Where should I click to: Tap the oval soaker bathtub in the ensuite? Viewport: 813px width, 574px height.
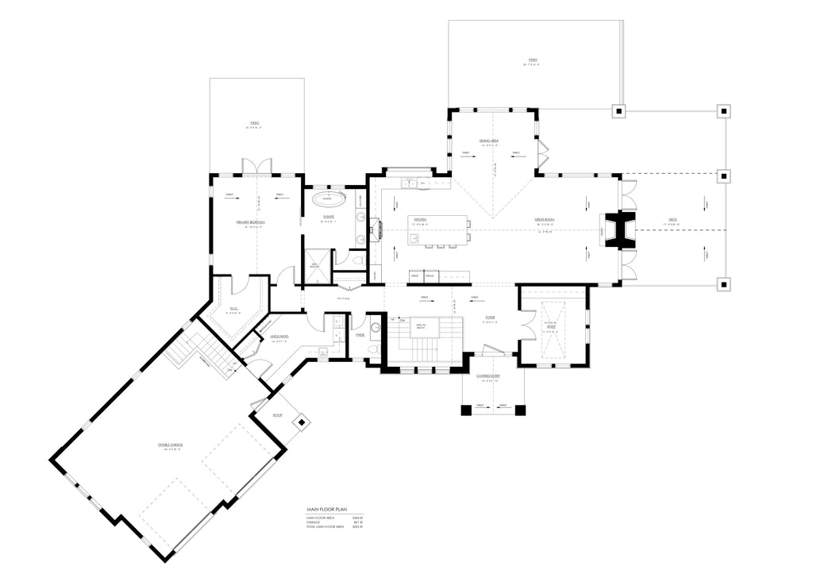[327, 198]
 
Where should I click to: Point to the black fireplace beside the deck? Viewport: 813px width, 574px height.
[617, 230]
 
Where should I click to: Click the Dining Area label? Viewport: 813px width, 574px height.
[488, 140]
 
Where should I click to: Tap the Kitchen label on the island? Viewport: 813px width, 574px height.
[420, 219]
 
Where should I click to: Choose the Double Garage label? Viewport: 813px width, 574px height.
[170, 445]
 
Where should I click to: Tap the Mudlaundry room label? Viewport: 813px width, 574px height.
[279, 337]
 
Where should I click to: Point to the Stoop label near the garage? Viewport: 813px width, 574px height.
[277, 415]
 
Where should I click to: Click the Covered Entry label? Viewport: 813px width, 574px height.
[487, 376]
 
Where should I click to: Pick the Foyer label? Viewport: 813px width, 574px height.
[491, 318]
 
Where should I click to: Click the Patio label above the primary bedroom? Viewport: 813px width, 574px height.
[255, 123]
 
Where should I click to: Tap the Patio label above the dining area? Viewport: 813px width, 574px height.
[533, 60]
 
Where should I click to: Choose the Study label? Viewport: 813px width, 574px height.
[552, 326]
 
